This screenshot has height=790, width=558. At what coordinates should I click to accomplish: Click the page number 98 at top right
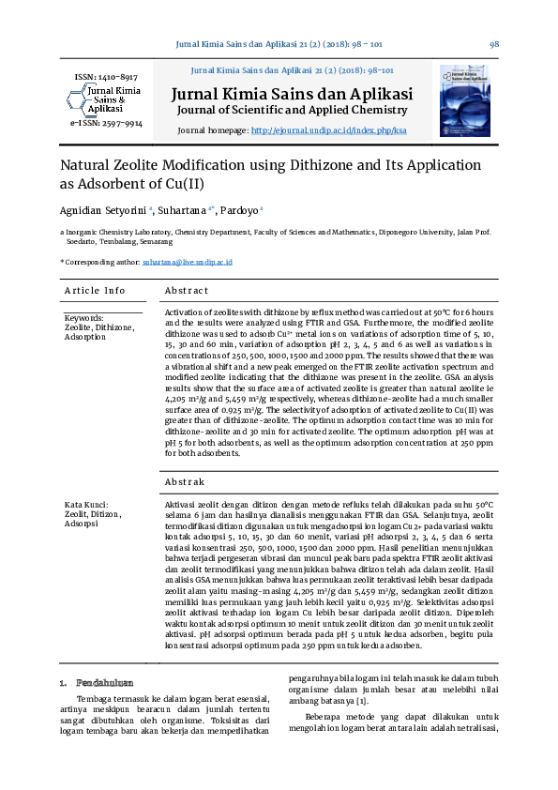(493, 44)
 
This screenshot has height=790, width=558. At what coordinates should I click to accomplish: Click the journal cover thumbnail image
(464, 100)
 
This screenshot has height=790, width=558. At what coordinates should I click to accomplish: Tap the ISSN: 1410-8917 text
(105, 77)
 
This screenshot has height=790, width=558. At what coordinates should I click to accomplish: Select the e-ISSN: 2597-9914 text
(106, 123)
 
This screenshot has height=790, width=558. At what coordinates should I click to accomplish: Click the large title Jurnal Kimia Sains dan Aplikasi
(292, 94)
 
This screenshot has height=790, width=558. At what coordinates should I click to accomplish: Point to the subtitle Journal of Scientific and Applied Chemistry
(292, 111)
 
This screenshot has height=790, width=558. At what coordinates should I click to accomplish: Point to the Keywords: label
(83, 318)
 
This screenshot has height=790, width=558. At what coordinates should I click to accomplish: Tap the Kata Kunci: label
(86, 505)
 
